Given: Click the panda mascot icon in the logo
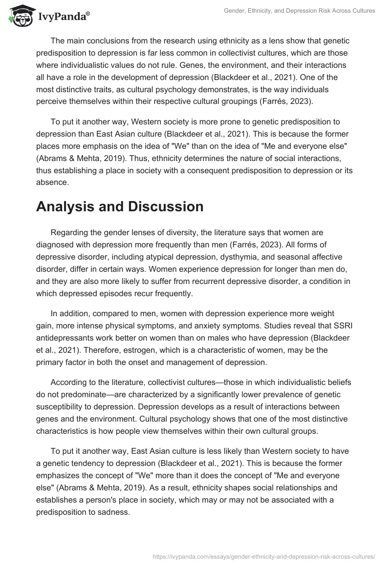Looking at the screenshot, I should coord(18,16).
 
